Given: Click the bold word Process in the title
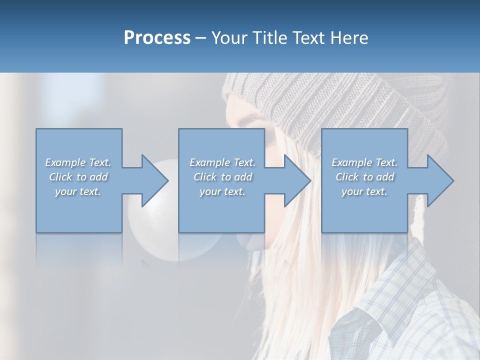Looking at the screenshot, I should click(157, 38).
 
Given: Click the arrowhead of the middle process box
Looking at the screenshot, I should click(297, 180).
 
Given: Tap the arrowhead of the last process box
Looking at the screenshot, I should click(440, 180).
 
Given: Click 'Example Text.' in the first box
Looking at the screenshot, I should click(78, 162).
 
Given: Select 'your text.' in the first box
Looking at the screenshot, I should click(78, 191).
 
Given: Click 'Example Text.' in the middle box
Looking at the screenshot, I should click(222, 162).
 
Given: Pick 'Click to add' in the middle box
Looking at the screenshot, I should click(222, 177).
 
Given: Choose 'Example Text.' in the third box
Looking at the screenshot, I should click(364, 162).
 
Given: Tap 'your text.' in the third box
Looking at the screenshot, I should click(364, 191).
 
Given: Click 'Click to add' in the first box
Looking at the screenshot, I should click(78, 177).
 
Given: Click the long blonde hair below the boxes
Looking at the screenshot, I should click(295, 290).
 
